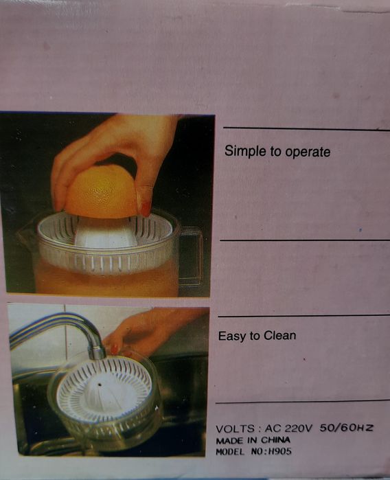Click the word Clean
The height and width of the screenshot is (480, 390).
pos(279,336)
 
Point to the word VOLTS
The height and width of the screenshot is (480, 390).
pos(235,429)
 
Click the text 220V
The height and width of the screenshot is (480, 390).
pos(299,428)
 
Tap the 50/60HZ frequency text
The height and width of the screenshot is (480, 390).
pos(347,427)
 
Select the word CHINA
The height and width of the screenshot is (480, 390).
pos(275,440)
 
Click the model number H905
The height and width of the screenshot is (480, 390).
pos(279,451)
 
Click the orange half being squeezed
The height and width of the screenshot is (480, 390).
pos(101,192)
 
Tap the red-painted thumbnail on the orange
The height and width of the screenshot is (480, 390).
pos(146,209)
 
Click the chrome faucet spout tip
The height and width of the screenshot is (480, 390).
pos(97,352)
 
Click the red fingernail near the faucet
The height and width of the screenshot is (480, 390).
pos(114,350)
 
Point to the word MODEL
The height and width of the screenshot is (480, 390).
pos(230,452)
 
